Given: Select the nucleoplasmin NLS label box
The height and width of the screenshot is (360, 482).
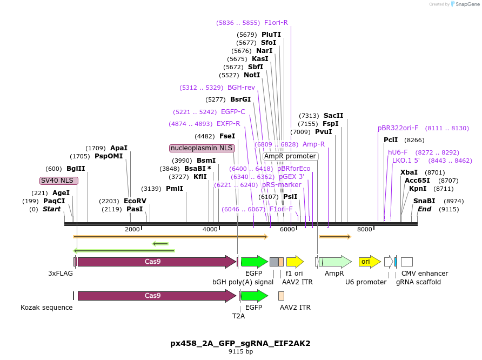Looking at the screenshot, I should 202,148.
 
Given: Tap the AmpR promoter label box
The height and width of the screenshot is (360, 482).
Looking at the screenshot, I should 290,156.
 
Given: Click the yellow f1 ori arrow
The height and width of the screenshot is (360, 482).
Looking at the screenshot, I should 294,262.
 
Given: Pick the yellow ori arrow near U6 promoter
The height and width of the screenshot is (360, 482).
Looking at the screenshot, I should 370,262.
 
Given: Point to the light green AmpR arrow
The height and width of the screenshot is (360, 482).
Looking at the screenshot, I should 335,262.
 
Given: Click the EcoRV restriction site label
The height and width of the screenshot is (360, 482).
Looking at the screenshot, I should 135,201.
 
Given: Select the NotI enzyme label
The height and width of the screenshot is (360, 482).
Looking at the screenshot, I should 252,75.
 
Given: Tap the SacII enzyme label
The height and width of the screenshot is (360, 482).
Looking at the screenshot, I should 333,115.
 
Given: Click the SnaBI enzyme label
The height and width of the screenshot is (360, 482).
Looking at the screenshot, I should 424,201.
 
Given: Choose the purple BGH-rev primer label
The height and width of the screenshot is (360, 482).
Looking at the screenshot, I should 241,87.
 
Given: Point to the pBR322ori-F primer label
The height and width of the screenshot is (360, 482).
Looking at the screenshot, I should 398,128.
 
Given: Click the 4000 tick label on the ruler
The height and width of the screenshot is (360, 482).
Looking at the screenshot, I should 209,229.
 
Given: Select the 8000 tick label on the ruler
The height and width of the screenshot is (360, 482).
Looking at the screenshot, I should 365,229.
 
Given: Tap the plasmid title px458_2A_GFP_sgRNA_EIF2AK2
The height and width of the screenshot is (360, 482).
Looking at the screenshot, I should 240,343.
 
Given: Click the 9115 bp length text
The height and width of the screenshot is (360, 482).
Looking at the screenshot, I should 240,351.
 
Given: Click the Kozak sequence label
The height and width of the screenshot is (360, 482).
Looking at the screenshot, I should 46,307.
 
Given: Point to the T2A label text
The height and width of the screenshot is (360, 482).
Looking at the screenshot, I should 238,316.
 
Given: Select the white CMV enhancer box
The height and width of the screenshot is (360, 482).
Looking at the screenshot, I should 407,262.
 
